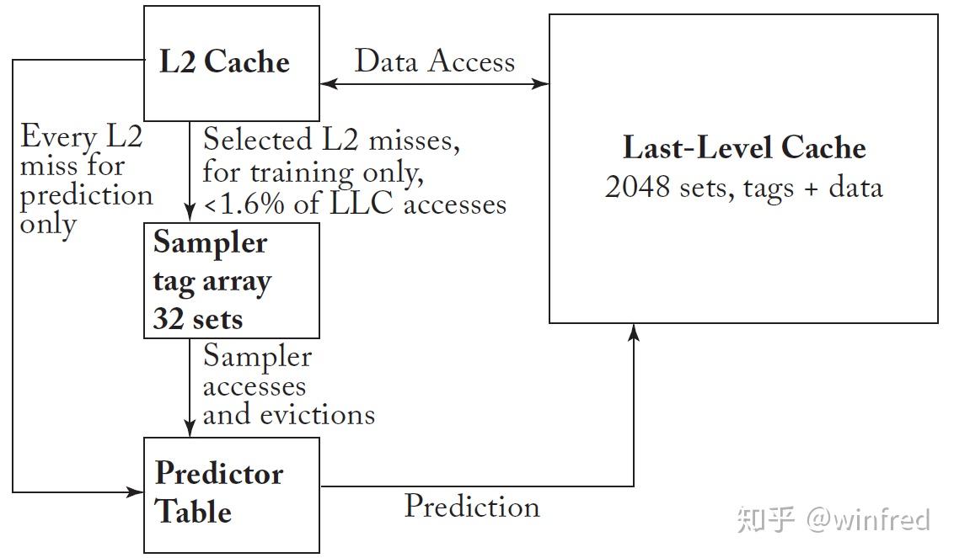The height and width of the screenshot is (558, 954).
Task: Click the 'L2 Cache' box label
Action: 224,62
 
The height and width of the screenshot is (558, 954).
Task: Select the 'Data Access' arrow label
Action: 434,61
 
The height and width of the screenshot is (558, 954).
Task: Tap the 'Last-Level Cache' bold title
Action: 743,148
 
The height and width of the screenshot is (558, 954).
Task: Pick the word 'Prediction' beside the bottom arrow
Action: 472,507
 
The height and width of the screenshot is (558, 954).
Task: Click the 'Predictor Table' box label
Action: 218,492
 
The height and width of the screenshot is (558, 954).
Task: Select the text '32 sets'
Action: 197,319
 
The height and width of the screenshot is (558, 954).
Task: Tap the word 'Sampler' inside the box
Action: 210,242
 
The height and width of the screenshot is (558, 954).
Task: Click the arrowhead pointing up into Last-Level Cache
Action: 634,332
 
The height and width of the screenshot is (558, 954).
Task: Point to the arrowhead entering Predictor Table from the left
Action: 136,491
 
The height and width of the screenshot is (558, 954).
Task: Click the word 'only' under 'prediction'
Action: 48,224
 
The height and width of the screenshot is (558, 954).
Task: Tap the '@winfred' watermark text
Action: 868,519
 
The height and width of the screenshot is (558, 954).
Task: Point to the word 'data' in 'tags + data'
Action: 855,186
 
